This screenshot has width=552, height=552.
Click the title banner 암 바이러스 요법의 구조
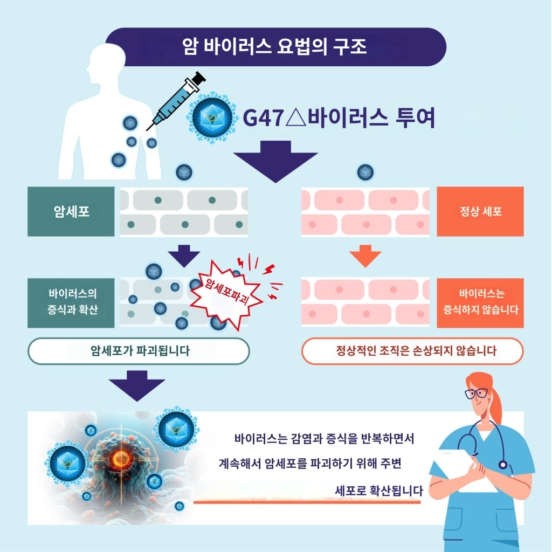tap(275, 47)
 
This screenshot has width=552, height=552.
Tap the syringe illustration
tap(175, 100)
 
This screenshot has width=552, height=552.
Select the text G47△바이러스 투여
tap(339, 118)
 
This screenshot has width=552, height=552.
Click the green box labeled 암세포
tap(71, 211)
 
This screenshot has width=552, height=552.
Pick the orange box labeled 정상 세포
tap(480, 211)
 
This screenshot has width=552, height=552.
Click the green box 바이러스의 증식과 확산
tap(71, 303)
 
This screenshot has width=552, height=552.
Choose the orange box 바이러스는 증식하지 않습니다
tap(480, 303)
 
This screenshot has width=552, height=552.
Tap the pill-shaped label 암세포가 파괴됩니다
tap(139, 351)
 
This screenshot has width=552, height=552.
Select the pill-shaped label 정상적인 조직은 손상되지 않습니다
tap(412, 351)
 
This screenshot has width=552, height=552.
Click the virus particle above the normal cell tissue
tap(366, 172)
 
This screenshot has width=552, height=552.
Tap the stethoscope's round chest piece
tap(503, 464)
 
